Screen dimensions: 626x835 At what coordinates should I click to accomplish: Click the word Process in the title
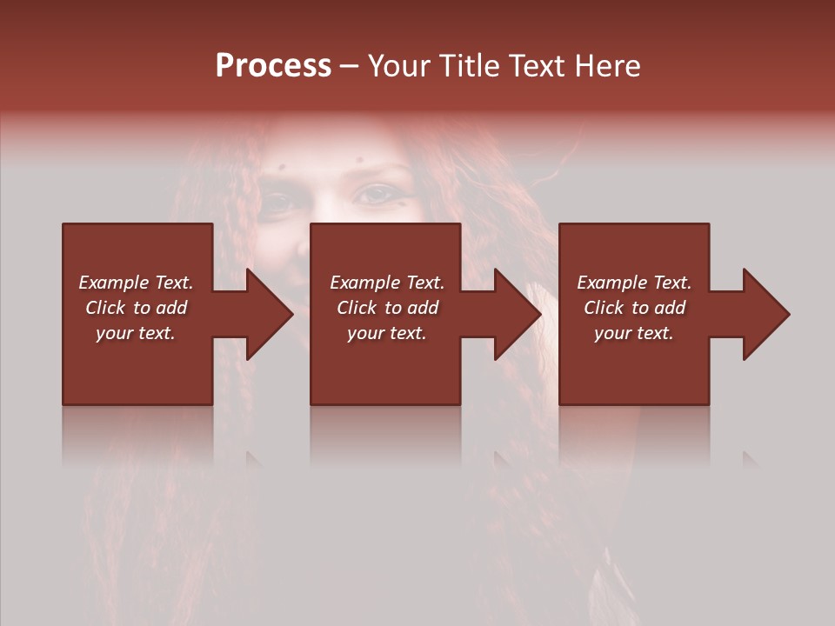click(x=273, y=66)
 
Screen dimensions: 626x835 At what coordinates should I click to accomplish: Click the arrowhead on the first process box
click(x=261, y=314)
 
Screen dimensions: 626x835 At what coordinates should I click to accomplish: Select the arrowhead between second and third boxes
click(x=509, y=314)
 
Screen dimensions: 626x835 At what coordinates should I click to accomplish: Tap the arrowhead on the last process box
click(x=758, y=314)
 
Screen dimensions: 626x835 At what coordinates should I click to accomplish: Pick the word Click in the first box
click(x=106, y=308)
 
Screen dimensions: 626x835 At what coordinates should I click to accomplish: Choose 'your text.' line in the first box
click(x=136, y=333)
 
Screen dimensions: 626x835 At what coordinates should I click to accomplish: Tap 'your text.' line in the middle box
click(x=387, y=333)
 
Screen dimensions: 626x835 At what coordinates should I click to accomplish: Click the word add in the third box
click(x=670, y=308)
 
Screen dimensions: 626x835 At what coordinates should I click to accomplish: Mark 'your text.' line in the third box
click(x=634, y=333)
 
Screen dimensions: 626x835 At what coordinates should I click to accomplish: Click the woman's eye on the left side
click(x=279, y=202)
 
